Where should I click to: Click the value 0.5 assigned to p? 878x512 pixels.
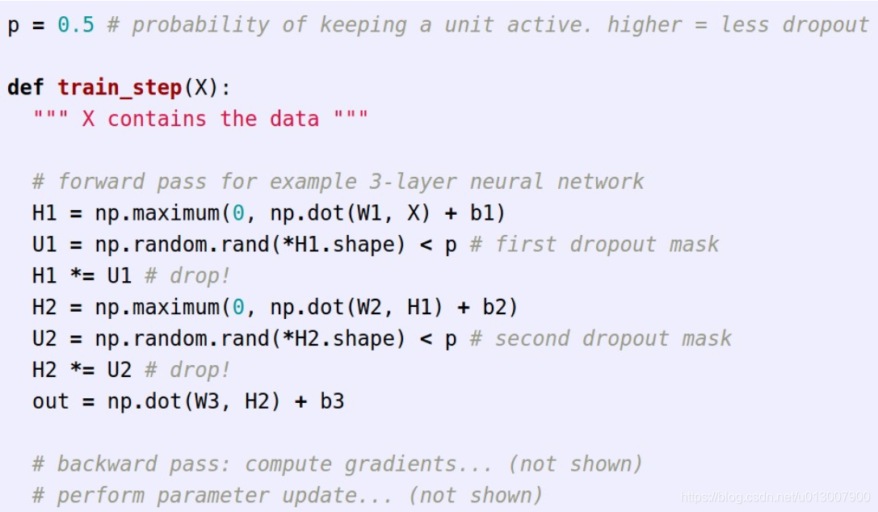pyautogui.click(x=75, y=25)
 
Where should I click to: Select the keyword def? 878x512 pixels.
pyautogui.click(x=26, y=87)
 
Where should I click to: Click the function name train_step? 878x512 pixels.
pyautogui.click(x=119, y=87)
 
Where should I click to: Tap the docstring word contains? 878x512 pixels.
pyautogui.click(x=157, y=119)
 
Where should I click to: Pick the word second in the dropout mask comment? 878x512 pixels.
pyautogui.click(x=533, y=338)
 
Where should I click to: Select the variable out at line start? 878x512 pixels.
pyautogui.click(x=51, y=401)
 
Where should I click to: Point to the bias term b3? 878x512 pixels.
pyautogui.click(x=332, y=401)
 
